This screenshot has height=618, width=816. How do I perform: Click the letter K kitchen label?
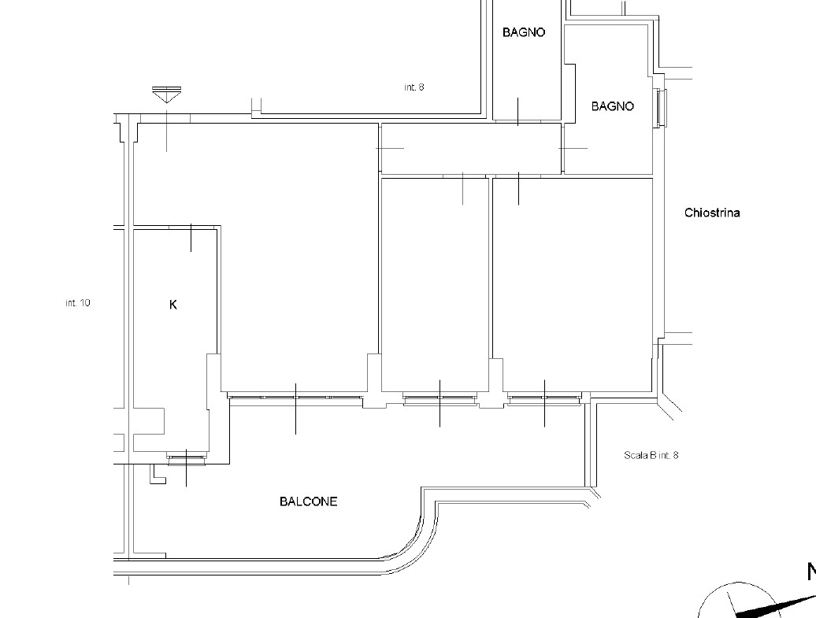coord(173,305)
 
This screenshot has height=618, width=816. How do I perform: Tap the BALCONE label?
coord(309,501)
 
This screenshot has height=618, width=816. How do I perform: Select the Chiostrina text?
coord(712,213)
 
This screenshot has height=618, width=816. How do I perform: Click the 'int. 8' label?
coord(414,87)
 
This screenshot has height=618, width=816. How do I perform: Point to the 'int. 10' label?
coord(78,303)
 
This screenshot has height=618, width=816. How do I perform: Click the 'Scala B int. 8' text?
coord(651,455)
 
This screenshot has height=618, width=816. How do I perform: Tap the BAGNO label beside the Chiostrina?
coord(613,106)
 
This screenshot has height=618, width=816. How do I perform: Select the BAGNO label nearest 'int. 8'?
coord(524,32)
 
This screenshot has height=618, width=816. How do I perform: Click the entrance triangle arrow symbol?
coord(166,94)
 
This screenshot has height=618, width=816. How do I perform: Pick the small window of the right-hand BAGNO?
coord(662,108)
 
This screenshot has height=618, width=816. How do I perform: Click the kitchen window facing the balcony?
coord(187,457)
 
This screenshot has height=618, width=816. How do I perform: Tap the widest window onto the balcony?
coord(295,398)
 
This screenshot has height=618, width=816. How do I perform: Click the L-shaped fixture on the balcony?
coord(158,475)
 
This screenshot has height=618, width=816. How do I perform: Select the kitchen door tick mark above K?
coord(191,238)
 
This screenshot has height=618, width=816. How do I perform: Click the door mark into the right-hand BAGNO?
coord(573,148)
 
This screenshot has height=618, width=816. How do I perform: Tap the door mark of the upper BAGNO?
coord(517,111)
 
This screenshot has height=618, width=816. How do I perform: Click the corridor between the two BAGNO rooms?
coord(471,148)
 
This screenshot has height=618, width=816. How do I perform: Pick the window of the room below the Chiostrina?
coord(544,398)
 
